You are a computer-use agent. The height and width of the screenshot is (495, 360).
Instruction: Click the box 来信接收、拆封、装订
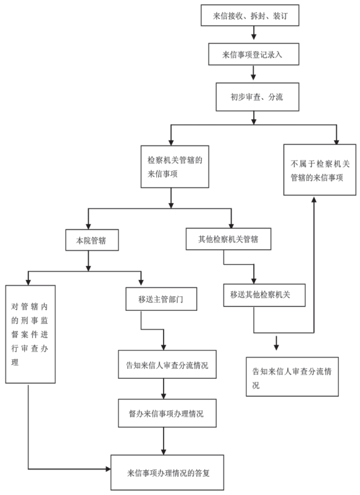[250, 15]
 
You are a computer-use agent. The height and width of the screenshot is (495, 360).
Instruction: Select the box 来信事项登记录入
[253, 55]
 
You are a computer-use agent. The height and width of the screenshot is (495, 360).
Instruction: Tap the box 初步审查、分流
[258, 97]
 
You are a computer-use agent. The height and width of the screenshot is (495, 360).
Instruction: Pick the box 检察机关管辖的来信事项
[175, 167]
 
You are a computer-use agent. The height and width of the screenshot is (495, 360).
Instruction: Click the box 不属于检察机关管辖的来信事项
[319, 170]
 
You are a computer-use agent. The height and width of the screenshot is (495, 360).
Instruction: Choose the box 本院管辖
[92, 240]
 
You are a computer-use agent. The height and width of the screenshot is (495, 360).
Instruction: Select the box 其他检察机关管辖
[228, 239]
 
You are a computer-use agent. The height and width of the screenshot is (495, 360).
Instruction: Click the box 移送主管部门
[161, 299]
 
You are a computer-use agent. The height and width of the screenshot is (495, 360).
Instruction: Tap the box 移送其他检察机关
[264, 295]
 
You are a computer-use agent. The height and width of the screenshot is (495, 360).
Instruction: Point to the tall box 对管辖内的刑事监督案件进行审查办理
[30, 334]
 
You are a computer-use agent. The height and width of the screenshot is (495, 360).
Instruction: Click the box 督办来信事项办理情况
[167, 413]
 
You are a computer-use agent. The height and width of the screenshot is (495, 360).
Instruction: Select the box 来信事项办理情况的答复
[167, 472]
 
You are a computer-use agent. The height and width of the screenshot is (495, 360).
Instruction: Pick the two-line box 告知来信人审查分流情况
[292, 377]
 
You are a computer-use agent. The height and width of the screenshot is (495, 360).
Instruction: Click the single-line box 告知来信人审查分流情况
[167, 364]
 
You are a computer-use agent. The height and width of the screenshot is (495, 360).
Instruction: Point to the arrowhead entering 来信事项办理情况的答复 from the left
[108, 469]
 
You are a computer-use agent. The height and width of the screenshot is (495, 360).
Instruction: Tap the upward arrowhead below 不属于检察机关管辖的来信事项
[314, 199]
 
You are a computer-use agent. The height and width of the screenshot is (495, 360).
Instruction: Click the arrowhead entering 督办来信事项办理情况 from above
[164, 396]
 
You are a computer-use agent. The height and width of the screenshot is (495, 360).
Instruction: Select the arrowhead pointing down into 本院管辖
[88, 226]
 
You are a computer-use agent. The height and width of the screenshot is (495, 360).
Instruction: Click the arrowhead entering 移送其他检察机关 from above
[253, 281]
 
